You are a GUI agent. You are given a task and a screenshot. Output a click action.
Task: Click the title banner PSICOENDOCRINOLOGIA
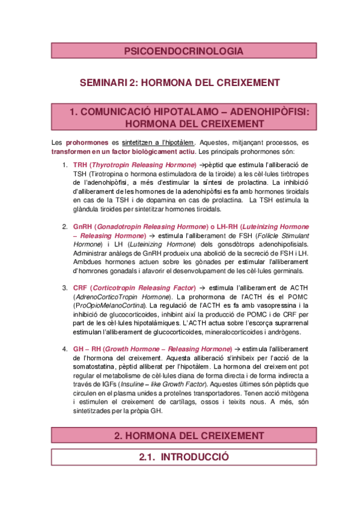(183, 52)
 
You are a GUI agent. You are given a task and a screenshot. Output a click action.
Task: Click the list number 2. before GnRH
(64, 227)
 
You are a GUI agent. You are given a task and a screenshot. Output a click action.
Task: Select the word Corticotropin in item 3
(118, 288)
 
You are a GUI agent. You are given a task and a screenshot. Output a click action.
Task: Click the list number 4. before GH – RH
(64, 349)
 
